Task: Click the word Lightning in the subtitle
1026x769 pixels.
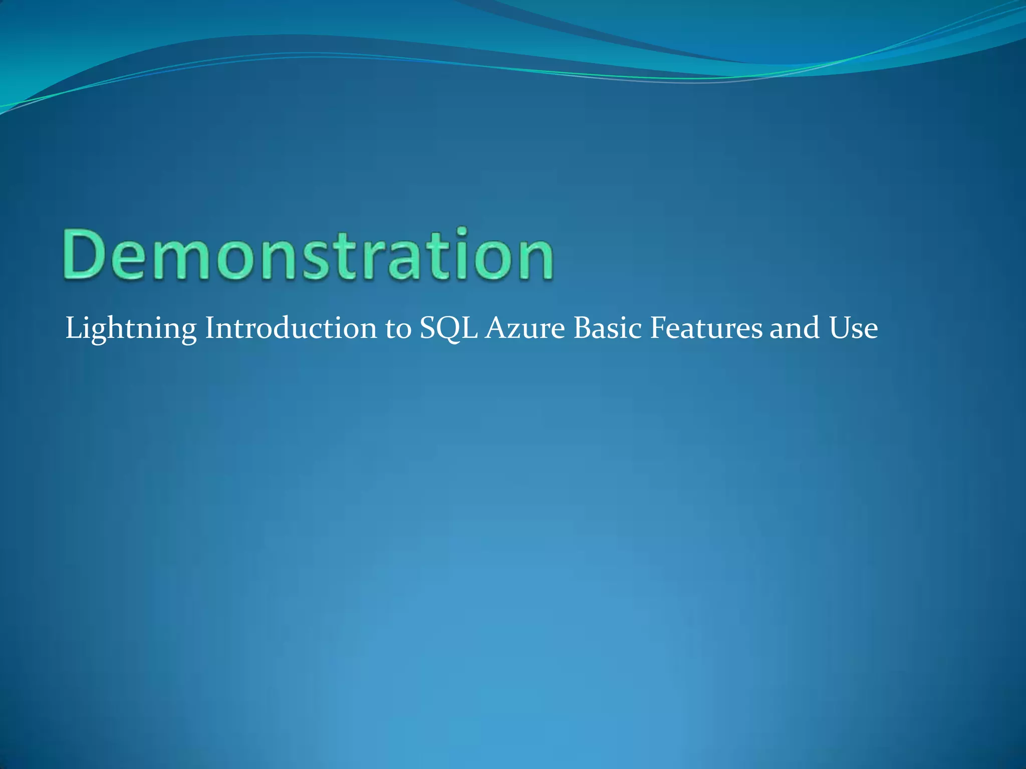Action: (131, 329)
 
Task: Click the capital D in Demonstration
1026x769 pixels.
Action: (82, 256)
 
